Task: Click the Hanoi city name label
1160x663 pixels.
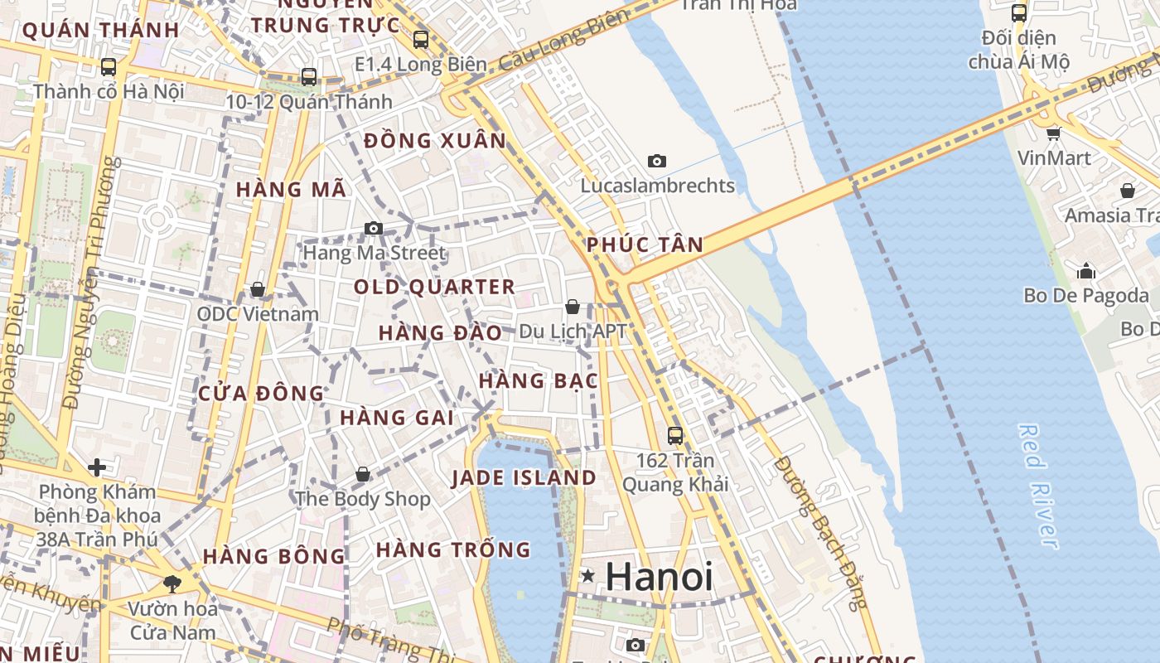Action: click(x=659, y=577)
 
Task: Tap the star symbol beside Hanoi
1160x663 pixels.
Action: click(x=588, y=575)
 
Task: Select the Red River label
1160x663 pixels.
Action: click(x=1038, y=486)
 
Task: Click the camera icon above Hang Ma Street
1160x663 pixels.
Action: click(x=374, y=228)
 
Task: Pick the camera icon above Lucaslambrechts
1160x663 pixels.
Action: click(x=657, y=161)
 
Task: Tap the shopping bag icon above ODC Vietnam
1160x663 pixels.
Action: click(x=258, y=289)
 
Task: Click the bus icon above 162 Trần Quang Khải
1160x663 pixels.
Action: click(x=675, y=435)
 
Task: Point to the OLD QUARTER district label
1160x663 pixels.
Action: click(x=435, y=288)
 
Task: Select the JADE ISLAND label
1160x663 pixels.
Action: click(x=524, y=478)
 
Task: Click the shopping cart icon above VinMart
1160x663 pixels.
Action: click(x=1053, y=133)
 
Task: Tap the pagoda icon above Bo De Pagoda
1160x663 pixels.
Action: click(x=1086, y=271)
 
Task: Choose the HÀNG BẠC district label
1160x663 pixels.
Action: click(x=539, y=381)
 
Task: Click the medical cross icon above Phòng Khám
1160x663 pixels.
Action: click(x=97, y=467)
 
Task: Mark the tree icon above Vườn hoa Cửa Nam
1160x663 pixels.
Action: click(x=172, y=583)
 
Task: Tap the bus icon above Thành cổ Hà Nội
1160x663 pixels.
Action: click(x=109, y=66)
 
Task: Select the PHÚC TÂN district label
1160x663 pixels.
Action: click(x=645, y=245)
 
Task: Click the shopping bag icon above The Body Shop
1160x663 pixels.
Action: click(x=363, y=474)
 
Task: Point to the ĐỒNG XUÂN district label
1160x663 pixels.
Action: click(x=435, y=141)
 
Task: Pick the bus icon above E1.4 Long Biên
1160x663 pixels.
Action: click(x=421, y=39)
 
